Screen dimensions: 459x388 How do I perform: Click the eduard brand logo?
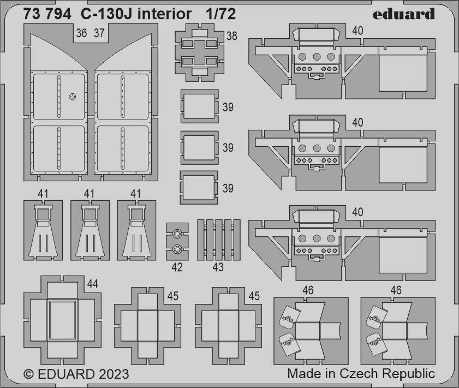tap(404, 14)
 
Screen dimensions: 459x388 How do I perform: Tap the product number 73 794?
tap(47, 14)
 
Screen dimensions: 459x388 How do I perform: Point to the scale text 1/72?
tap(220, 14)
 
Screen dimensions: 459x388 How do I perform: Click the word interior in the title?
tap(164, 14)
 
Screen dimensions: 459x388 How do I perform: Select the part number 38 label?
tap(231, 36)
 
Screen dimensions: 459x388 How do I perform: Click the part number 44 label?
tap(92, 284)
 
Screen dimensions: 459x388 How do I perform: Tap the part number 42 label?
tap(177, 267)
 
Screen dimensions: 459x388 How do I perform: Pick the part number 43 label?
tap(218, 267)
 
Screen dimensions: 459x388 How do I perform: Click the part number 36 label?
tap(81, 33)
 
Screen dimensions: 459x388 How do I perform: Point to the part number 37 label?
tap(99, 33)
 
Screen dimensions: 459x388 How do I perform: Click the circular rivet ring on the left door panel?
tap(72, 96)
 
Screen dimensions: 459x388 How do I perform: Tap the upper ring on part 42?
tap(177, 234)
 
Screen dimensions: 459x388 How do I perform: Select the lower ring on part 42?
tap(177, 249)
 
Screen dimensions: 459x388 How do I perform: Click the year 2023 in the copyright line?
tap(114, 374)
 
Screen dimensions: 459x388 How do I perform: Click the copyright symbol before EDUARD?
tap(28, 374)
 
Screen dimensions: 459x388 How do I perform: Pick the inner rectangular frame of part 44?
tap(62, 320)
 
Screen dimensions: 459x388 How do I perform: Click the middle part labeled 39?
tap(199, 148)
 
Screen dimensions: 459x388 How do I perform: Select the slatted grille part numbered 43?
tap(219, 240)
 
